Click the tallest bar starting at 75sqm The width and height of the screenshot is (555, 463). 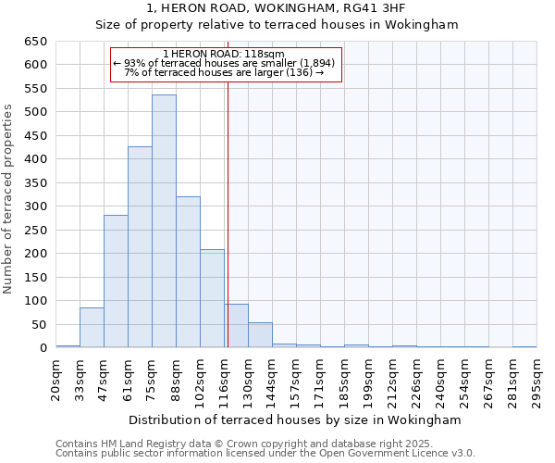(x=164, y=221)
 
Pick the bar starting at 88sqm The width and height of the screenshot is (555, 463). (x=188, y=272)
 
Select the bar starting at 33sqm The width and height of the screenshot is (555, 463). (x=92, y=328)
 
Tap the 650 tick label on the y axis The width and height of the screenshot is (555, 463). (x=35, y=42)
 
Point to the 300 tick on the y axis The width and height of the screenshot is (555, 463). (x=35, y=206)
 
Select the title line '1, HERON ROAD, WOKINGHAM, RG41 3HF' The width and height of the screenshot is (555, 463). (x=277, y=8)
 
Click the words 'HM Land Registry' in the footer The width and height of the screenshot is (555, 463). (x=140, y=444)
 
